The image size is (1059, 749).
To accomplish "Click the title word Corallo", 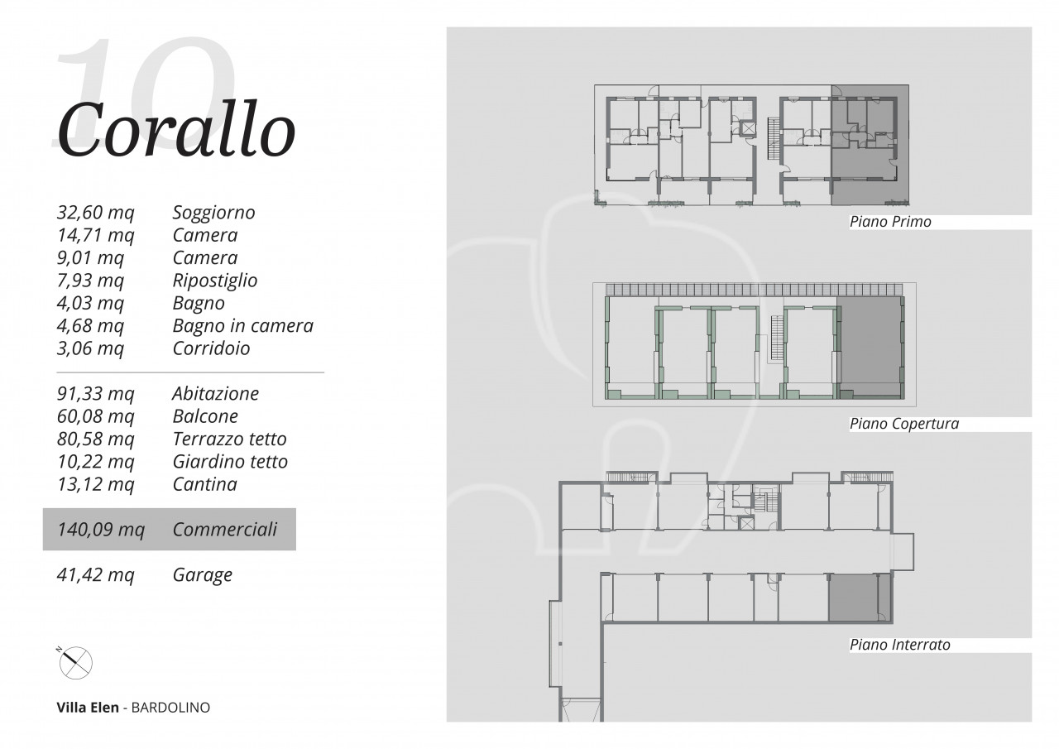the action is pyautogui.click(x=176, y=130).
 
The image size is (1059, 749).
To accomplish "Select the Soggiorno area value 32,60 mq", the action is pyautogui.click(x=95, y=213).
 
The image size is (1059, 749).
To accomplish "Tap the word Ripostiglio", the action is pyautogui.click(x=214, y=281).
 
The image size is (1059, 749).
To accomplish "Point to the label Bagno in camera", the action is pyautogui.click(x=243, y=325).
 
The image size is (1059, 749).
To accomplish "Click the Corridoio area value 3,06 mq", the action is pyautogui.click(x=90, y=348).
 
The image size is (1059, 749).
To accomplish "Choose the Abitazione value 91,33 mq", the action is pyautogui.click(x=95, y=393).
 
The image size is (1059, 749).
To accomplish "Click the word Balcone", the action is pyautogui.click(x=205, y=416).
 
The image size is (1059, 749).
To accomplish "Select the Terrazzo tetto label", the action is pyautogui.click(x=229, y=439).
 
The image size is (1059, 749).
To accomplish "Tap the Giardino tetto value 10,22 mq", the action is pyautogui.click(x=95, y=462).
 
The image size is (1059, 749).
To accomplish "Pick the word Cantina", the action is pyautogui.click(x=204, y=484).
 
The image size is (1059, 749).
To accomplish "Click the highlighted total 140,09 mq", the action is pyautogui.click(x=101, y=530).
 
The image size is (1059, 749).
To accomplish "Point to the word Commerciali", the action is pyautogui.click(x=224, y=530).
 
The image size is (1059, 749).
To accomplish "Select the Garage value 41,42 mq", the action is pyautogui.click(x=95, y=575).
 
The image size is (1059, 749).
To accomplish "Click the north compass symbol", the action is pyautogui.click(x=75, y=662).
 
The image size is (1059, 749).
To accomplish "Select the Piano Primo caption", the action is pyautogui.click(x=890, y=222).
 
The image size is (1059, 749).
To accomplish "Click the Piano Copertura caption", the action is pyautogui.click(x=904, y=424).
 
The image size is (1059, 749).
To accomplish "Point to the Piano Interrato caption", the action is pyautogui.click(x=899, y=645).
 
